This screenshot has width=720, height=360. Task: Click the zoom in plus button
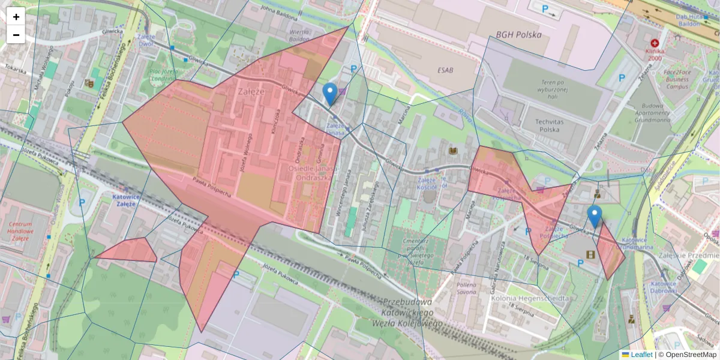pyautogui.click(x=16, y=17)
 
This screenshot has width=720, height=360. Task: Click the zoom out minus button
pyautogui.click(x=16, y=35)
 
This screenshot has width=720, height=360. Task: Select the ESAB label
pyautogui.click(x=445, y=70)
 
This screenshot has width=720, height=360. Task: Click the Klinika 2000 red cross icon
pyautogui.click(x=654, y=44)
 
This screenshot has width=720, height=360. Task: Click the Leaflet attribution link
pyautogui.click(x=641, y=355)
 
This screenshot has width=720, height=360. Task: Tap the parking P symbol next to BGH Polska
pyautogui.click(x=545, y=9)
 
